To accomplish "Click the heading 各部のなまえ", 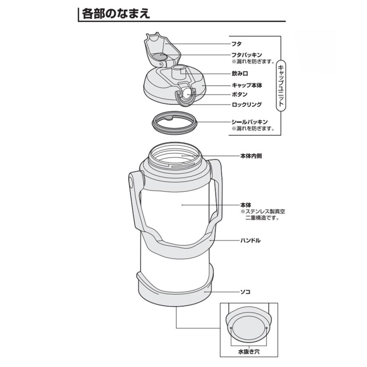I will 116,13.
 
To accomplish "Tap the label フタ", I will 236,43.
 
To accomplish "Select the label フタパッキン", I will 247,55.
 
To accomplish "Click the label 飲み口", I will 240,74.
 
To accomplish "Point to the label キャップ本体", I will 247,86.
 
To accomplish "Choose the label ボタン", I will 239,95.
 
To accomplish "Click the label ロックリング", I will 246,105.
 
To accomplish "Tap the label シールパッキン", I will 249,122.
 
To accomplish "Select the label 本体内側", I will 250,156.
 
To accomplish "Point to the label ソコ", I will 245,292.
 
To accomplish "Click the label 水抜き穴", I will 249,351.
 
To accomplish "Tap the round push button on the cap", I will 186,93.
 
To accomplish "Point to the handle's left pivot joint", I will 133,180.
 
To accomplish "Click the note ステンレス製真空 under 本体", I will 262,212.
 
